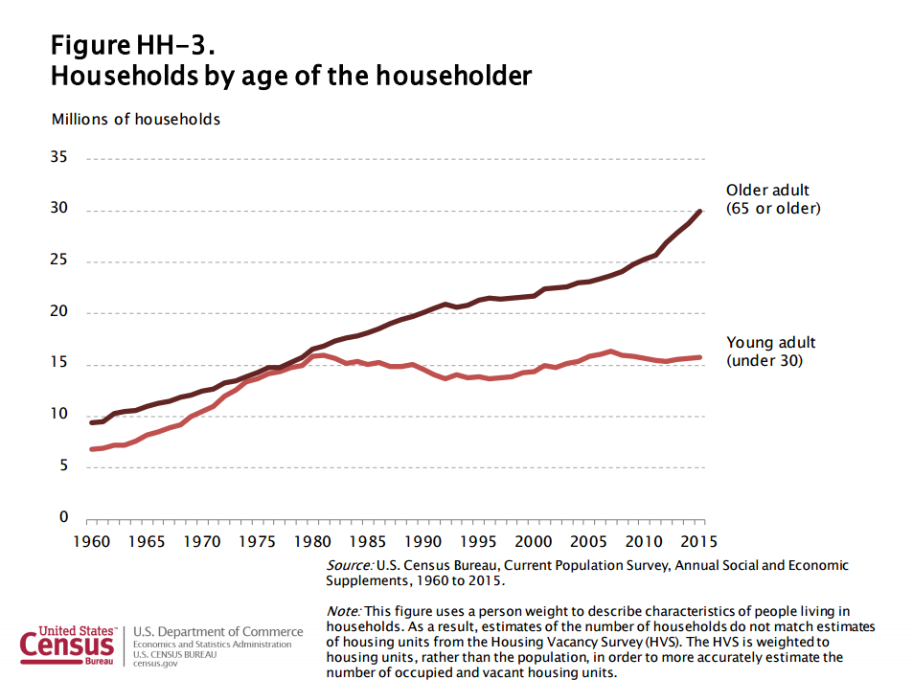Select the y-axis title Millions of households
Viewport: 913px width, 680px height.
tap(135, 120)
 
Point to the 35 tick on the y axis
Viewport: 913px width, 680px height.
tap(59, 159)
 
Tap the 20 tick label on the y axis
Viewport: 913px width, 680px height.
tap(59, 312)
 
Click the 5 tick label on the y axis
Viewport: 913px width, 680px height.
tap(63, 466)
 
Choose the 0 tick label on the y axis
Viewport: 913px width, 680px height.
tap(63, 518)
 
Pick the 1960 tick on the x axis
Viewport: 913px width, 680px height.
tap(90, 541)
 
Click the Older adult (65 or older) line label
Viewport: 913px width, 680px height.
tap(773, 198)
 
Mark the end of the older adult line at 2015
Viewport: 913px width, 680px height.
tap(700, 211)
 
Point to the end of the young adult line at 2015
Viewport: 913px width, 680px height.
tap(700, 357)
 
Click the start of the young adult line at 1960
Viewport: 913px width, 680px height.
tap(91, 449)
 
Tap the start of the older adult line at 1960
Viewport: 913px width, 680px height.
tap(91, 422)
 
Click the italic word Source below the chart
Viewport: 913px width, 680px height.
tap(350, 566)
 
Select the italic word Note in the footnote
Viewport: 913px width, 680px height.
tap(343, 611)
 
